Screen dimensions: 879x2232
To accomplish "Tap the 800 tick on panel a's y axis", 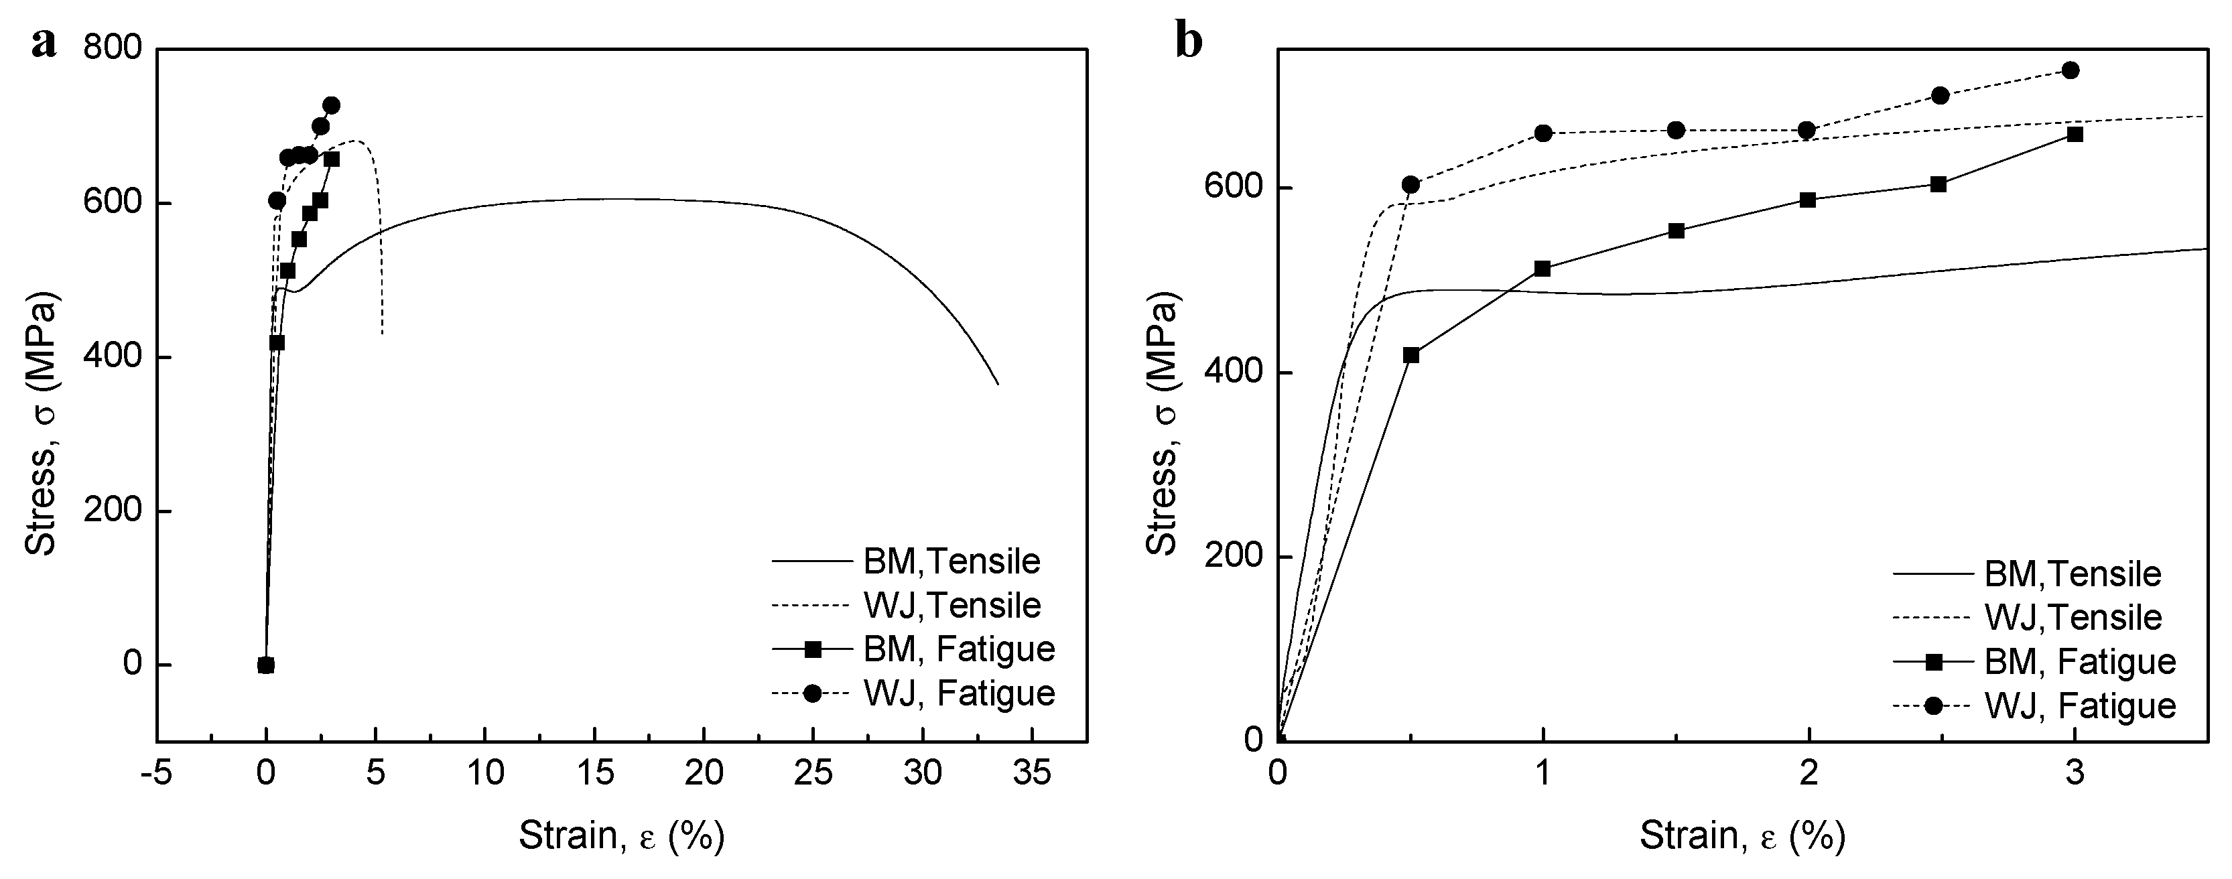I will click(113, 50).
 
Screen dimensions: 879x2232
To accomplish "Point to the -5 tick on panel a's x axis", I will click(157, 772).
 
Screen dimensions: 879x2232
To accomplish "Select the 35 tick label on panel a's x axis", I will click(1031, 772).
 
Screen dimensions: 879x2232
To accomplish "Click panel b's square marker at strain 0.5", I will click(1410, 355).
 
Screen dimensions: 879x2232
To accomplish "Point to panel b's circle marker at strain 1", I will click(1543, 133).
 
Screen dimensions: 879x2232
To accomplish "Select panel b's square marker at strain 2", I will click(1807, 200).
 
